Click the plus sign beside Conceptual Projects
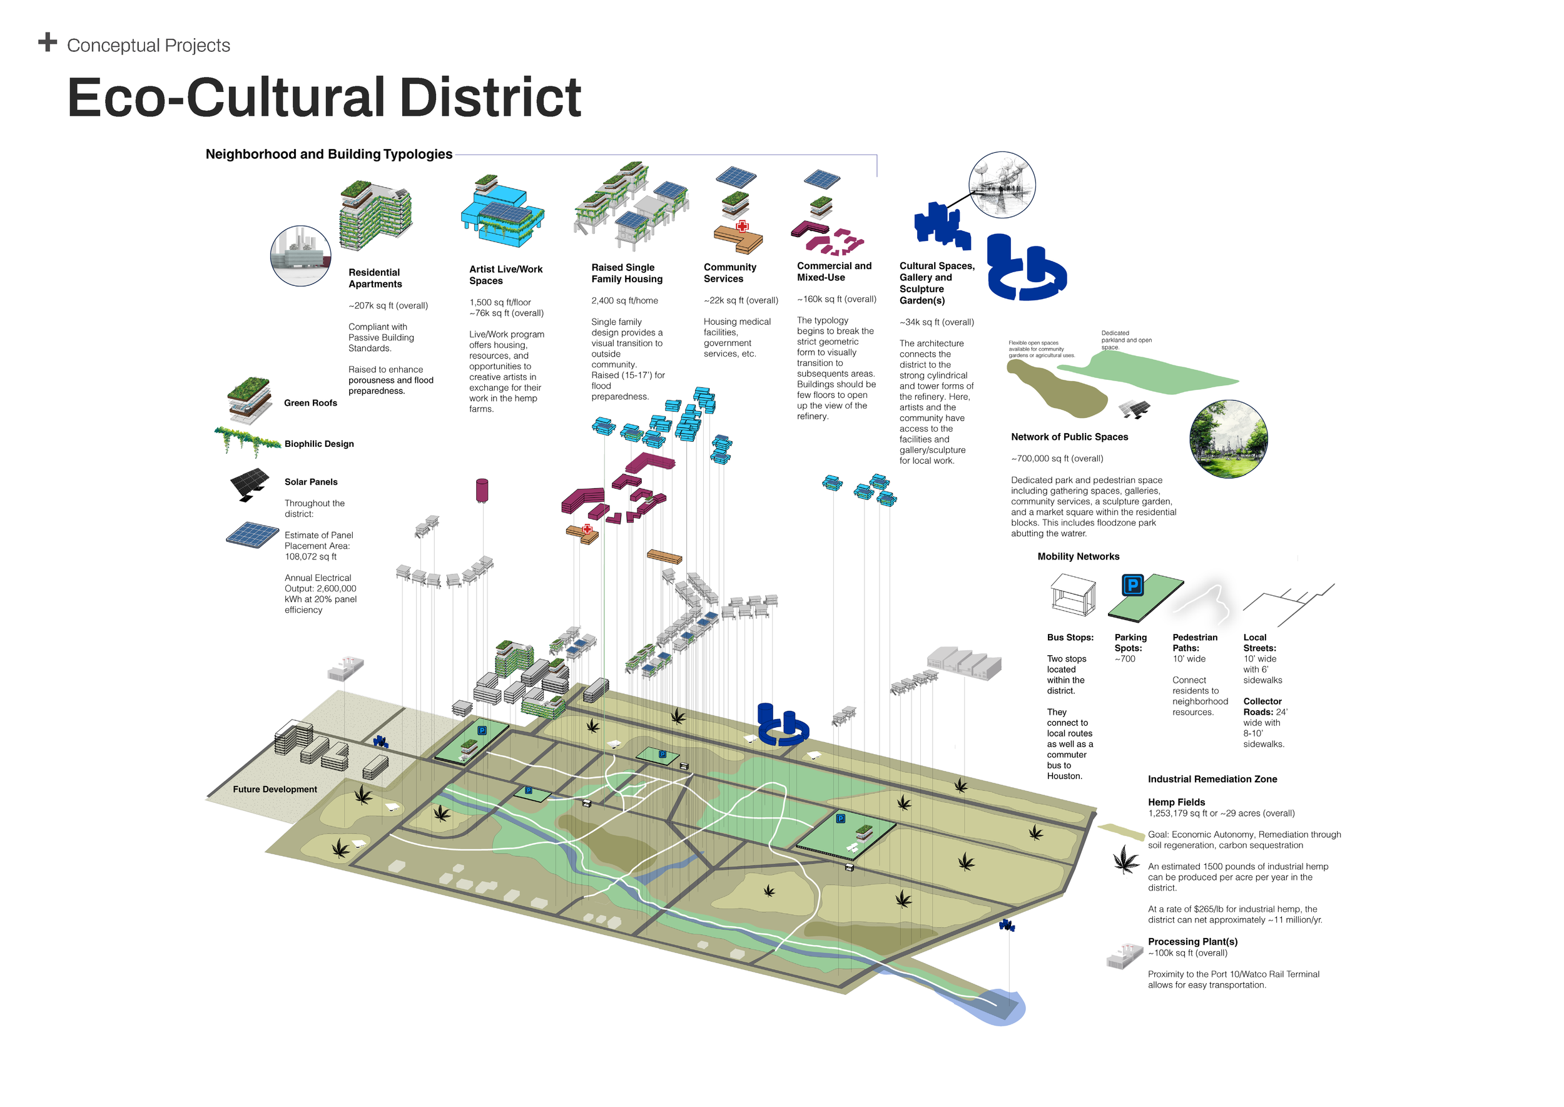(x=48, y=43)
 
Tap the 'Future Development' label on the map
(x=275, y=789)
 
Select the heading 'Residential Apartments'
(x=375, y=278)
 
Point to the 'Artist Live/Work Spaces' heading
(x=505, y=275)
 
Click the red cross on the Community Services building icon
(x=742, y=227)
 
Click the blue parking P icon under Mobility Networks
(x=1132, y=585)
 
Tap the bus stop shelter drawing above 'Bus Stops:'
(x=1073, y=594)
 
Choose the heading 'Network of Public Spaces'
(x=1069, y=437)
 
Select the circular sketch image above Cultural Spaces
(x=1002, y=185)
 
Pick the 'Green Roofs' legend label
(x=310, y=403)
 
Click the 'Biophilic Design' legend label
(x=319, y=444)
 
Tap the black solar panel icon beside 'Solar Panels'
(x=249, y=484)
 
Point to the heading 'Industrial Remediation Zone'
(x=1212, y=779)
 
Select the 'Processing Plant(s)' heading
(x=1192, y=941)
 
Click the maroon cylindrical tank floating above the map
(x=482, y=490)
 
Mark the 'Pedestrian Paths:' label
(x=1195, y=643)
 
